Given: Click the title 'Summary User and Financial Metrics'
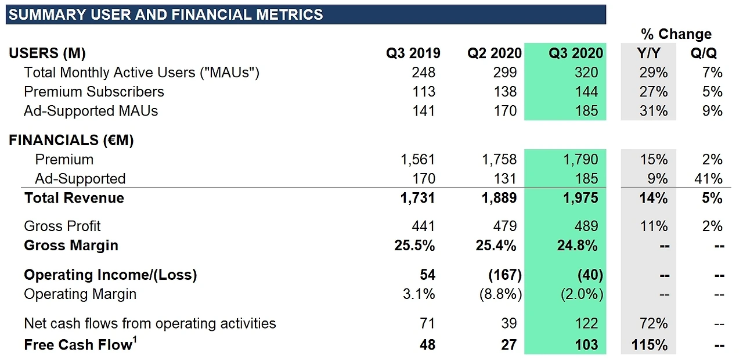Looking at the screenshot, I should pyautogui.click(x=165, y=15).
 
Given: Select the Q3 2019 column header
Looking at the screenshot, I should pyautogui.click(x=413, y=53).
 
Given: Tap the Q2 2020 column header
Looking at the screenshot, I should pyautogui.click(x=495, y=53).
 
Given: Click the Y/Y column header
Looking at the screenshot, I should pyautogui.click(x=648, y=53).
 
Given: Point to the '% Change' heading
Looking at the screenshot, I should pyautogui.click(x=676, y=34).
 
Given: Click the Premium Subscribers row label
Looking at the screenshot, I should pyautogui.click(x=94, y=92).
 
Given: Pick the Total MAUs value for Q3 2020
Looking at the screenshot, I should pyautogui.click(x=586, y=73).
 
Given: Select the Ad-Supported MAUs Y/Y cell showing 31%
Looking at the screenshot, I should pyautogui.click(x=654, y=111).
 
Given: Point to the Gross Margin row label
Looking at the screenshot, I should pyautogui.click(x=71, y=246).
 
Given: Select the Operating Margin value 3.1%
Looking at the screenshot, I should pyautogui.click(x=419, y=294).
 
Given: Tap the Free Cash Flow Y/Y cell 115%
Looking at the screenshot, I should pyautogui.click(x=649, y=345).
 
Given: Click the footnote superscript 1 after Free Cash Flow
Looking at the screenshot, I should pyautogui.click(x=135, y=340).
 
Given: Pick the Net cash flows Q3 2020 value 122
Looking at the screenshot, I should pyautogui.click(x=586, y=323).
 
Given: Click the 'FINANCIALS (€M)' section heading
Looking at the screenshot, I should pyautogui.click(x=71, y=141).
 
